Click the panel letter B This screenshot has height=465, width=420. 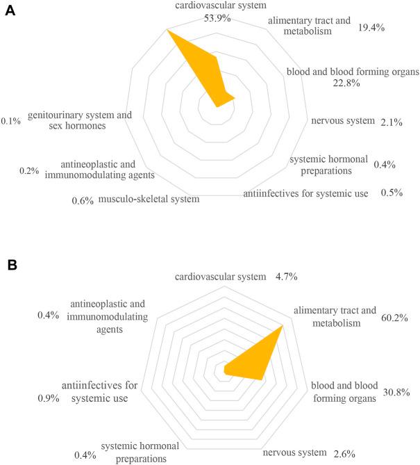click(x=10, y=266)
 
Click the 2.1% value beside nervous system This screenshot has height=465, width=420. click(x=392, y=122)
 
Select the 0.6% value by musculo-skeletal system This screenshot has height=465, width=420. click(x=83, y=201)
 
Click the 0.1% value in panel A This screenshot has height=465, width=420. click(x=11, y=121)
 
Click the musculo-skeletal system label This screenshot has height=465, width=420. click(x=149, y=199)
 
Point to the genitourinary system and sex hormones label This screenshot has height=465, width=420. click(x=76, y=120)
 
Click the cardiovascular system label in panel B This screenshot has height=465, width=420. click(x=221, y=277)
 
